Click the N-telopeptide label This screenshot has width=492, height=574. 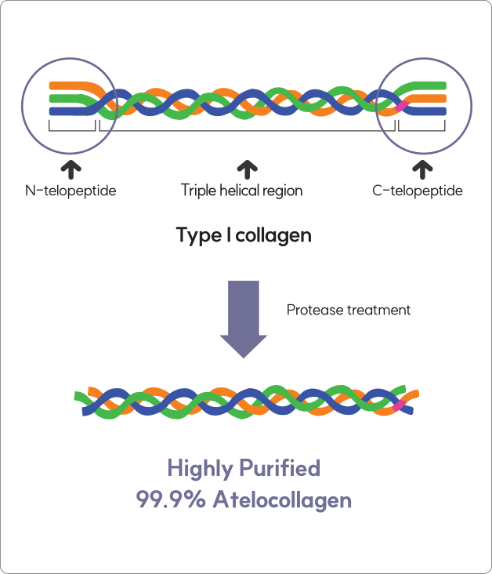[71, 191]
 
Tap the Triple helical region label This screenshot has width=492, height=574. [241, 191]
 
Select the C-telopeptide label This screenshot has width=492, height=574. [418, 191]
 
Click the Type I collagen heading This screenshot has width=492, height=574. [244, 235]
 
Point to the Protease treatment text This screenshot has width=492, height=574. [349, 310]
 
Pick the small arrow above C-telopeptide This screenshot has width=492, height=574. [421, 167]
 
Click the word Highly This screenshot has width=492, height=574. [202, 469]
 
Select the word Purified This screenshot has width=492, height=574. [281, 469]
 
